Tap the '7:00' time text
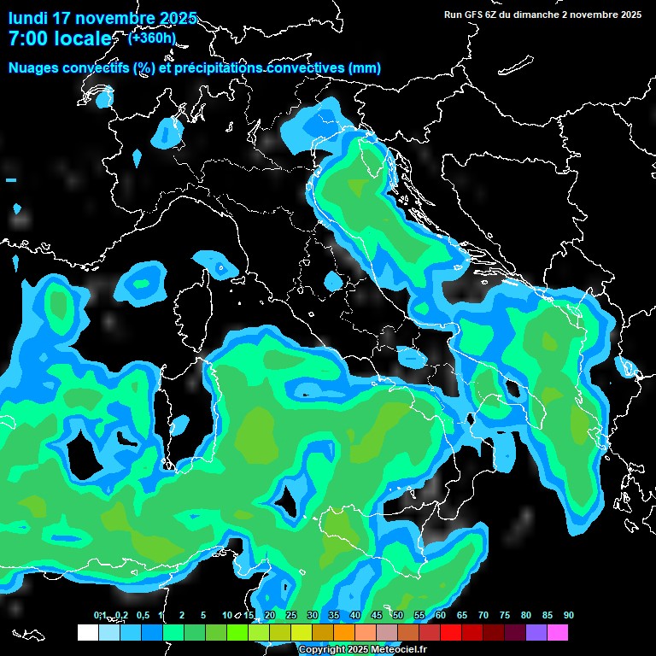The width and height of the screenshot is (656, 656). pos(26,39)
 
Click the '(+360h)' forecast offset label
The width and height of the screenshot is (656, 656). pos(151,38)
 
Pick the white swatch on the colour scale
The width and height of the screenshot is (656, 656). pos(88,633)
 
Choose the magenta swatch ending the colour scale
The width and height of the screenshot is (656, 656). pos(558,633)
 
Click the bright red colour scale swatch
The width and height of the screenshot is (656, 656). pos(451,633)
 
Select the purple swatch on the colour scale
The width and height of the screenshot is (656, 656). pos(536,633)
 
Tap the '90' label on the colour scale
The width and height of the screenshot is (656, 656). pos(569,615)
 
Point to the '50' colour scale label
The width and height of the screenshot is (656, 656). pos(398,615)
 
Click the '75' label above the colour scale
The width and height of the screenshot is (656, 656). pos(505,615)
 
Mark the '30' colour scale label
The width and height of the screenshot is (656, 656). pos(313,615)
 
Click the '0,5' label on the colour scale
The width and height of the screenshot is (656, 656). pos(142,615)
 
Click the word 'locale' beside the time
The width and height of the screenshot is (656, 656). pos(84,39)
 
